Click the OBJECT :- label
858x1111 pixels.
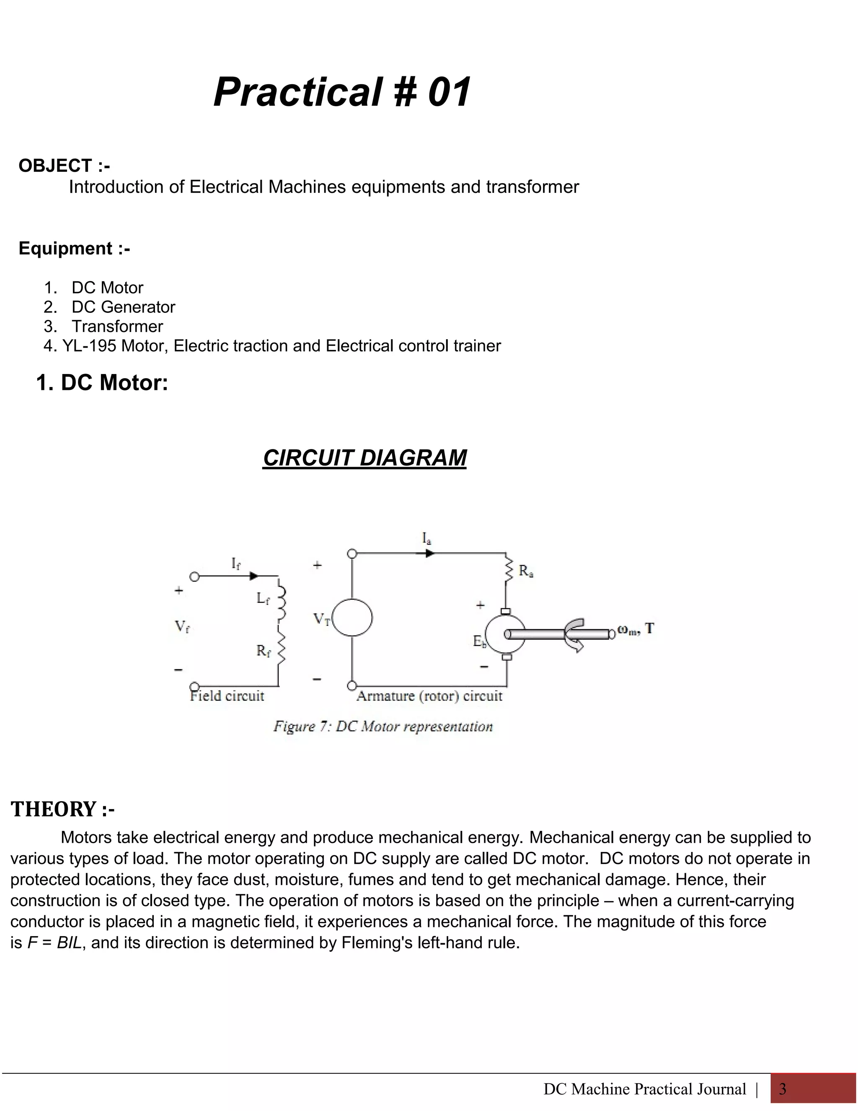tap(64, 166)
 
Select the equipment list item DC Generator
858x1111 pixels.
tap(123, 307)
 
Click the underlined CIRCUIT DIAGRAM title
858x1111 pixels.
tap(364, 458)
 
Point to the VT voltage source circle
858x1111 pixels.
tap(353, 618)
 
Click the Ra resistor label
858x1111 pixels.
tap(526, 571)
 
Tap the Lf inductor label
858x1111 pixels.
tap(263, 599)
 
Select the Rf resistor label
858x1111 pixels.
tap(263, 651)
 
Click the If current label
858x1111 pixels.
tap(236, 563)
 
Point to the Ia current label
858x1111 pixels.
tap(426, 538)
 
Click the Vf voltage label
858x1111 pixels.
tap(182, 627)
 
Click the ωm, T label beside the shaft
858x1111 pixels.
tap(636, 630)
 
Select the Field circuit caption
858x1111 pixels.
tap(227, 696)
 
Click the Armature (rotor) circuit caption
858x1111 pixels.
tap(429, 696)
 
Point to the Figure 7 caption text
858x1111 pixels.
tap(383, 727)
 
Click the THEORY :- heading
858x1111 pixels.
tap(63, 809)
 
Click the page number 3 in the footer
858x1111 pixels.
tap(783, 1089)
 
